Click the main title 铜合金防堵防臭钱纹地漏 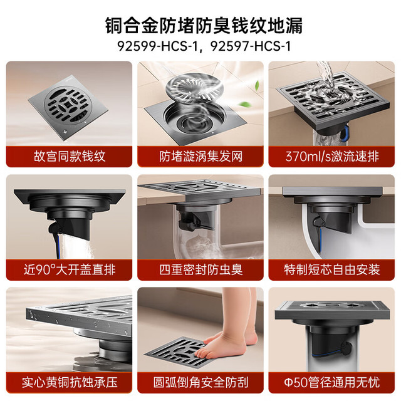click(204, 26)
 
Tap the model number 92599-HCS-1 click(157, 46)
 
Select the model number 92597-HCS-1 click(251, 46)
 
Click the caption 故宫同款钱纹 click(70, 156)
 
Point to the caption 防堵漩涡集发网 click(200, 156)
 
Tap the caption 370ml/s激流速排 click(331, 156)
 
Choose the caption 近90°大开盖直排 click(70, 269)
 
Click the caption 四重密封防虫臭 click(200, 269)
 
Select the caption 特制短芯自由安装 click(331, 269)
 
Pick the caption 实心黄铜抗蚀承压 click(70, 383)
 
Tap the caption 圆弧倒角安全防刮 click(200, 383)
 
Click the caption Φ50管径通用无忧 click(331, 383)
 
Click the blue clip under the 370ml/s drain click(345, 133)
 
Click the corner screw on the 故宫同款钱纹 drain click(65, 132)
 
